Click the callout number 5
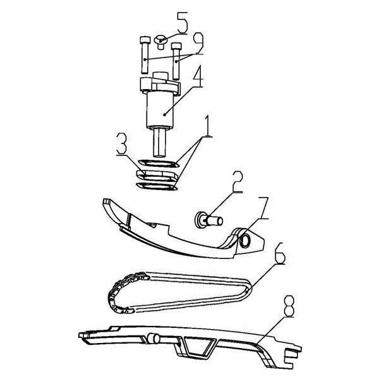pyautogui.click(x=182, y=25)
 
